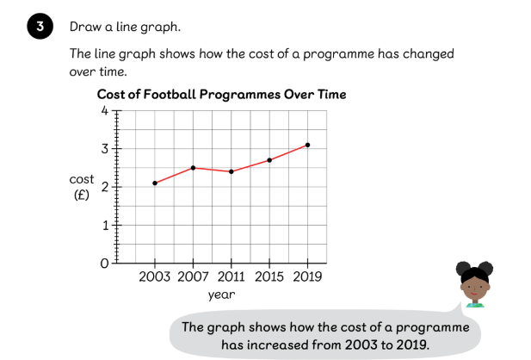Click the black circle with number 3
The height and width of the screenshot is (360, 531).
tap(40, 26)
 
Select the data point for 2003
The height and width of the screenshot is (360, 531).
tap(155, 183)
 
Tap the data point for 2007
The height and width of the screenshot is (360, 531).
tap(193, 168)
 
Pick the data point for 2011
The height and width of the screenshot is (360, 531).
tap(232, 171)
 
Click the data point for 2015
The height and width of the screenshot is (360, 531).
tap(269, 160)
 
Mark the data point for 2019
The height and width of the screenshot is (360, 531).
tap(307, 145)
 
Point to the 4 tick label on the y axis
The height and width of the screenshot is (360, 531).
tap(105, 110)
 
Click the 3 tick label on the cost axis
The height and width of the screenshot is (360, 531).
tap(105, 148)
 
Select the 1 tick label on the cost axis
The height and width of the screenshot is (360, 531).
tap(105, 225)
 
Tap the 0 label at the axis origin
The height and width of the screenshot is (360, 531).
tap(104, 264)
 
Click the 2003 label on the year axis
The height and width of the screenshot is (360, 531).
tap(154, 277)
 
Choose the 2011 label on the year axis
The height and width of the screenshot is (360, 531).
tap(231, 277)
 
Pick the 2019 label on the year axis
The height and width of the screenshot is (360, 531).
tap(307, 277)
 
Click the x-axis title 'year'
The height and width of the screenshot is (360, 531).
tap(221, 295)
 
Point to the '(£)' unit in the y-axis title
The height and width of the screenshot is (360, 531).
tap(82, 195)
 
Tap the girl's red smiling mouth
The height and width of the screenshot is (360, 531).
tap(473, 294)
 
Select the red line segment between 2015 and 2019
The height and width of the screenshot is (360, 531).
tap(288, 152)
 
